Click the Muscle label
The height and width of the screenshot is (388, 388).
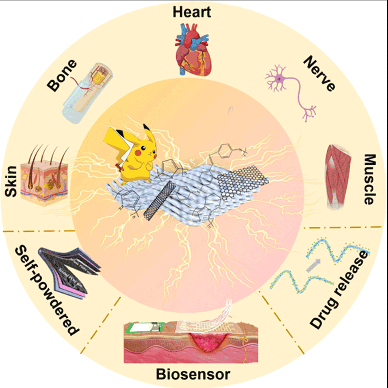(371, 179)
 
